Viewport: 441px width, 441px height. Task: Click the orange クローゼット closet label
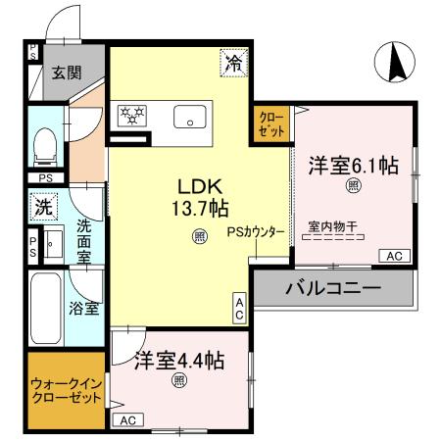coord(271,124)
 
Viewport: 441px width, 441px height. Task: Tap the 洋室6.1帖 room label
coord(353,165)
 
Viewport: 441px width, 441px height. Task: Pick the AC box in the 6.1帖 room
coord(395,256)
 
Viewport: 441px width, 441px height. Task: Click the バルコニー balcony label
coord(332,290)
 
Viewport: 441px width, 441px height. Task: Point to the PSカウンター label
coord(256,233)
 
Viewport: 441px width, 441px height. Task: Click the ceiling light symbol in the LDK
coord(199,235)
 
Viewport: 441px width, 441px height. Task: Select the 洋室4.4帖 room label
coord(178,360)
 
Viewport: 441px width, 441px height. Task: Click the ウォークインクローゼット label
coord(66,392)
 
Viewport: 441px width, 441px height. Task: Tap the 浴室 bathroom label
coord(83,307)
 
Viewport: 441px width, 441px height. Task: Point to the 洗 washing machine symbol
coord(43,207)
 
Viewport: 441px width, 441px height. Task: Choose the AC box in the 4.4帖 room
coord(125,419)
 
